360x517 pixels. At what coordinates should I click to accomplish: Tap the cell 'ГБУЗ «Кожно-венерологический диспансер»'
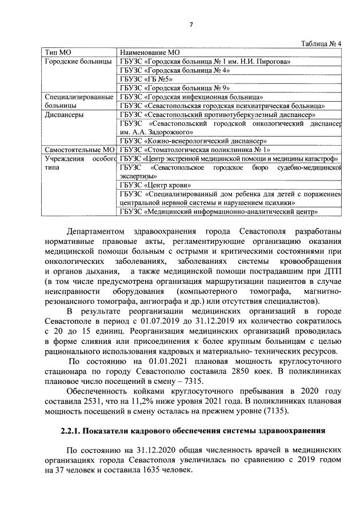tap(194, 141)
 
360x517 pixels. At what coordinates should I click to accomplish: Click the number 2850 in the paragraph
tap(247, 371)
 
